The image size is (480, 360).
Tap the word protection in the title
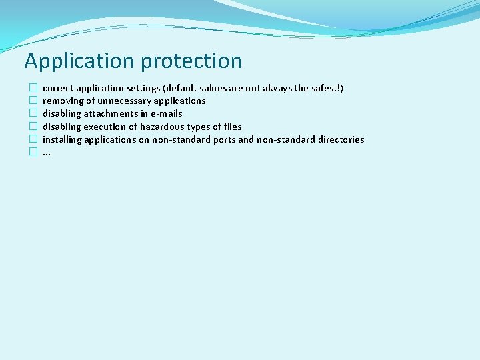191,61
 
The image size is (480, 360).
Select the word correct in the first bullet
58,88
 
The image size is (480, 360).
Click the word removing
63,101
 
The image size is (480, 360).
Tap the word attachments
111,113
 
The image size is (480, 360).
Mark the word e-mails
166,113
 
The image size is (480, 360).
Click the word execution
107,127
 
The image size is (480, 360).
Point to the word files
233,127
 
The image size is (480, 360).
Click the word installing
62,139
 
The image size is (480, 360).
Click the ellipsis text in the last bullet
47,153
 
